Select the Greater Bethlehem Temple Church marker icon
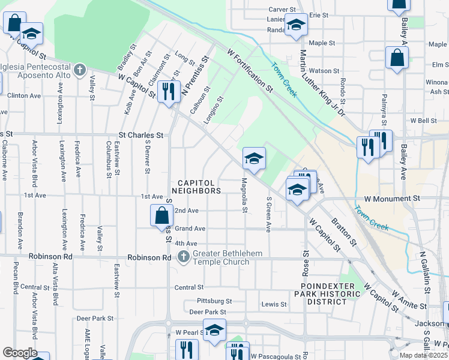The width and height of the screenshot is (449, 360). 184,257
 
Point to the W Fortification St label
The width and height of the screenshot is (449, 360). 250,71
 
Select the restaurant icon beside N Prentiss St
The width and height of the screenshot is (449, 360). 169,90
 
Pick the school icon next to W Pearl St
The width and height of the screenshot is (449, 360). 214,329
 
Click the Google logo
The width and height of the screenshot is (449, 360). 19,353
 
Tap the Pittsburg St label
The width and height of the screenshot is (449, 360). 214,301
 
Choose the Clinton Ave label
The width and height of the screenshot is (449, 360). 23,95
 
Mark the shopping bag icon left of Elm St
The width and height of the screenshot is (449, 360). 397,58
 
